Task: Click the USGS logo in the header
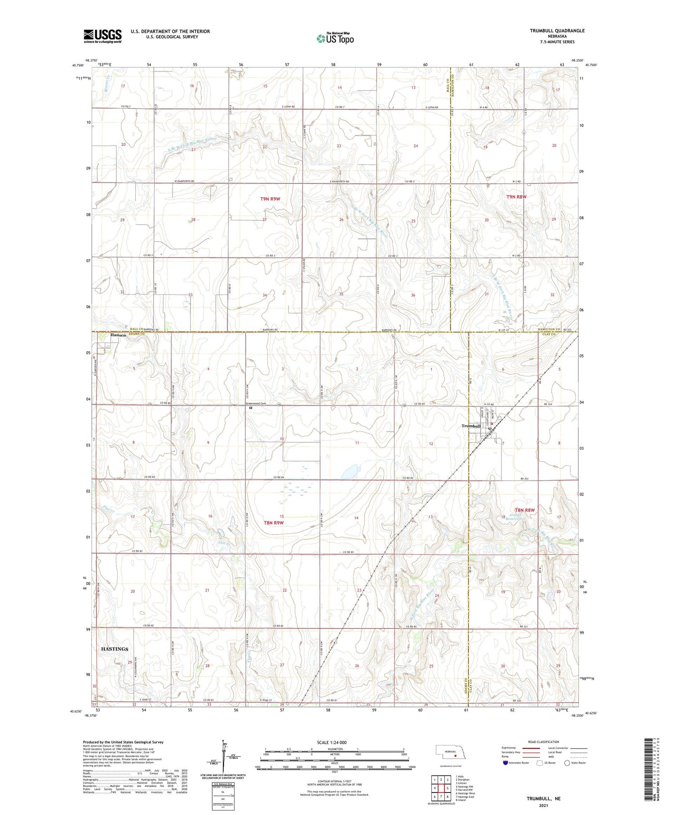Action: (x=102, y=36)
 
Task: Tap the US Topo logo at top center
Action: (x=335, y=38)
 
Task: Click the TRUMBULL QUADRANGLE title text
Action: (x=557, y=31)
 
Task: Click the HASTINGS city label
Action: (x=115, y=649)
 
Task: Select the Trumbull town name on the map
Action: (x=471, y=426)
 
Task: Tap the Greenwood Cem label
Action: (x=256, y=403)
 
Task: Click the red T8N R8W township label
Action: (x=525, y=510)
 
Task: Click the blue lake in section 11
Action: (x=349, y=472)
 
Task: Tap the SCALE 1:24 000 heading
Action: (x=332, y=742)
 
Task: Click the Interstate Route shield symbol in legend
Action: (x=505, y=762)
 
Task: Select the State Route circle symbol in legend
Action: (x=567, y=762)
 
